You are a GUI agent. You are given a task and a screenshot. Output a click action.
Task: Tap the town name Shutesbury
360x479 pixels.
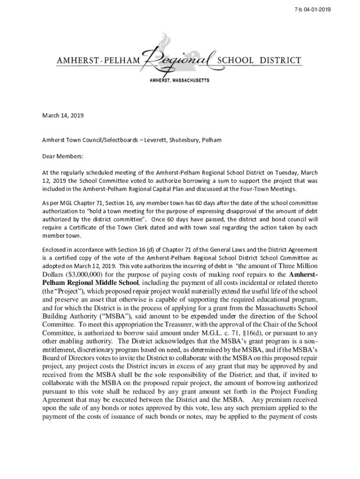[186, 140]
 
